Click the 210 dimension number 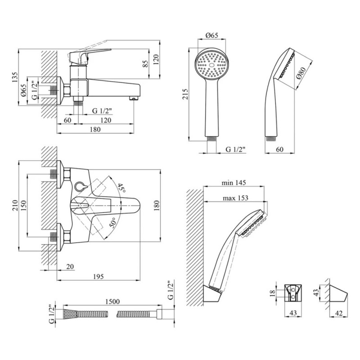[15, 205]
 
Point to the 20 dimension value [70, 267]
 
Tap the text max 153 [235, 198]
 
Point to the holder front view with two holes [293, 293]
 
